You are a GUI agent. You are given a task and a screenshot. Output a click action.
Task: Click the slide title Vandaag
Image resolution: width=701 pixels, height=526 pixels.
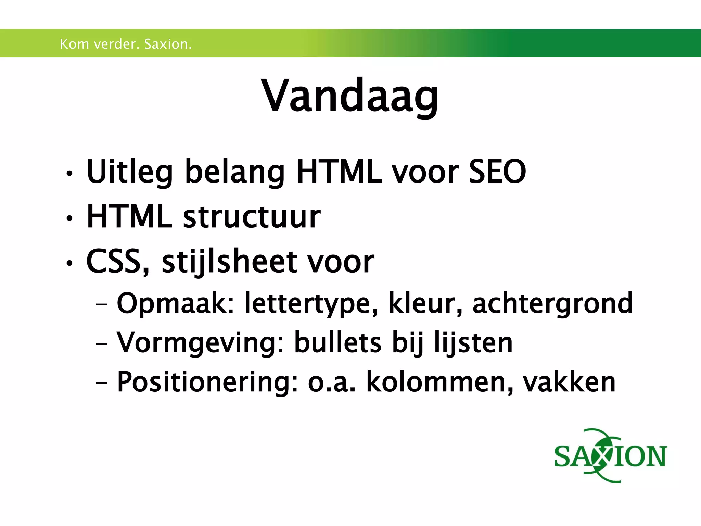click(x=350, y=96)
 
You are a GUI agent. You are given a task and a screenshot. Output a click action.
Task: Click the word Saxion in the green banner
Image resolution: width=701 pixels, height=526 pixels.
click(x=168, y=44)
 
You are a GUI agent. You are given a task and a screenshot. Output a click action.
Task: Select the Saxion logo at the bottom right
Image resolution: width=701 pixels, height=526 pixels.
click(x=610, y=455)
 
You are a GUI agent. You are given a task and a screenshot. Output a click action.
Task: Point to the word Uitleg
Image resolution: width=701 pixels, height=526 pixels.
click(x=129, y=172)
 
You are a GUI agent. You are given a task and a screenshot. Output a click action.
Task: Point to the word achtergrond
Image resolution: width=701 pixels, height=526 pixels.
click(x=552, y=303)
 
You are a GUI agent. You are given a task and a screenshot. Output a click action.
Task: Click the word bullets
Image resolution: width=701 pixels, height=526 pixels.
click(x=337, y=342)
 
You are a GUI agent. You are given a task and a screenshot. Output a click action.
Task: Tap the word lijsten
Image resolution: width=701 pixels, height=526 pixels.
click(x=473, y=342)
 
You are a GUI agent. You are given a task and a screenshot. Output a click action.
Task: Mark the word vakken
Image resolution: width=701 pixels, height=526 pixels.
click(x=569, y=382)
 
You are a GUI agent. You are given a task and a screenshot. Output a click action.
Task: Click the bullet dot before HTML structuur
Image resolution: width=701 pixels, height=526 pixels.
click(x=69, y=218)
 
